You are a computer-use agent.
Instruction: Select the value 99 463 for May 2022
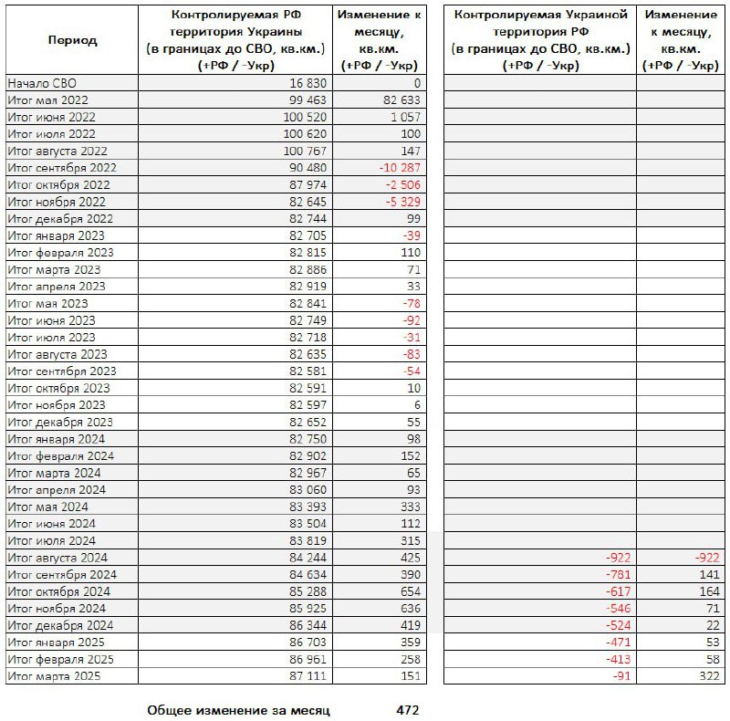pos(305,100)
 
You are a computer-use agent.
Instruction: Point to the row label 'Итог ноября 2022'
pos(57,202)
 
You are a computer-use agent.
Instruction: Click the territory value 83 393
pos(305,507)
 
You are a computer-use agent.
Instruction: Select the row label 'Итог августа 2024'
pos(57,558)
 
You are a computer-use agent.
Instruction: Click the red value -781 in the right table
pos(617,575)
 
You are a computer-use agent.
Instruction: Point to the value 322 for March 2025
pos(709,676)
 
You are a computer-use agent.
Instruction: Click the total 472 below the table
pos(408,709)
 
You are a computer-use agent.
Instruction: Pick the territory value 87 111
pos(305,676)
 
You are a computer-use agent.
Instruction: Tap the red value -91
pos(620,676)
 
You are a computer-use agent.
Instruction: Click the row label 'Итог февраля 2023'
pos(60,253)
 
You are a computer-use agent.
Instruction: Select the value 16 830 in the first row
pos(305,83)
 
